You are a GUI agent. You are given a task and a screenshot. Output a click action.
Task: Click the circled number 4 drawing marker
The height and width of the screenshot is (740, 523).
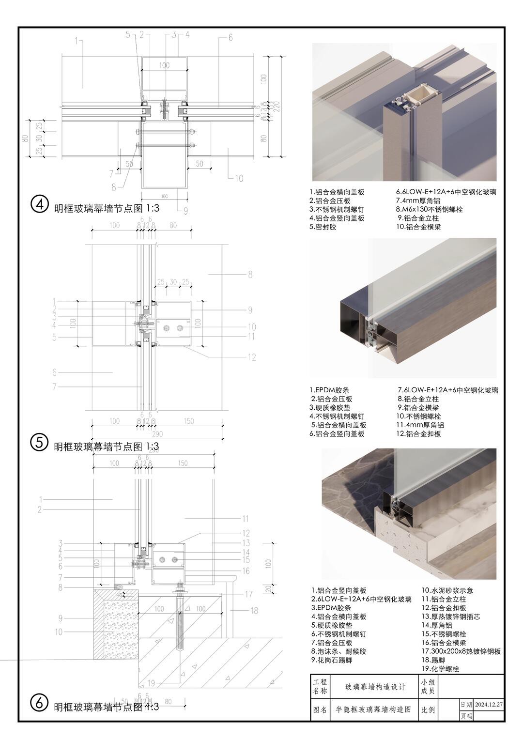[40, 204]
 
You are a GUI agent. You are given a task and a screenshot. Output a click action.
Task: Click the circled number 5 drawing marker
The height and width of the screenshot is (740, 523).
[39, 442]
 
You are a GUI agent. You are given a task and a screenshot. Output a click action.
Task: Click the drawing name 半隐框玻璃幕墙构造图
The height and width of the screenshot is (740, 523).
[373, 709]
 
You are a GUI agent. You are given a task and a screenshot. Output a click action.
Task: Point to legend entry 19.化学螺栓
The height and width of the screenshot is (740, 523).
[440, 669]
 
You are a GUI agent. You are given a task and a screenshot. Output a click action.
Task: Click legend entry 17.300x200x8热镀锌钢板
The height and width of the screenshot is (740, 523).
[461, 651]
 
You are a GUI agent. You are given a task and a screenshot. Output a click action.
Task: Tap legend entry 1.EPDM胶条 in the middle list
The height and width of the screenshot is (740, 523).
[329, 390]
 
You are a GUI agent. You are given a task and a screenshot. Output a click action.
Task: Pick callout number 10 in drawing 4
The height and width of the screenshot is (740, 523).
[239, 179]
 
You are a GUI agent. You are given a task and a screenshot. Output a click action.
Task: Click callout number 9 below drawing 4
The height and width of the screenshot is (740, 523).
[185, 210]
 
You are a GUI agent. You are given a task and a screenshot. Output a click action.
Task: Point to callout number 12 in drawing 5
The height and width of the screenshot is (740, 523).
[251, 357]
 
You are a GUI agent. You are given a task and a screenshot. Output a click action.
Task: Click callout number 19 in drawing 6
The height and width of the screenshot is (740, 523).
[151, 683]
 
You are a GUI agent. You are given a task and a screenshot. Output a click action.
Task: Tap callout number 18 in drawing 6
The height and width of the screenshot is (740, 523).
[254, 610]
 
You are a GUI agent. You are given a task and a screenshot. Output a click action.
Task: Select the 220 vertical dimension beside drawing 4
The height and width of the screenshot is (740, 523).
[277, 107]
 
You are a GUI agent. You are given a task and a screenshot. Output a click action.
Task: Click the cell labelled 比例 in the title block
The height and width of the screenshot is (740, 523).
[428, 710]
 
